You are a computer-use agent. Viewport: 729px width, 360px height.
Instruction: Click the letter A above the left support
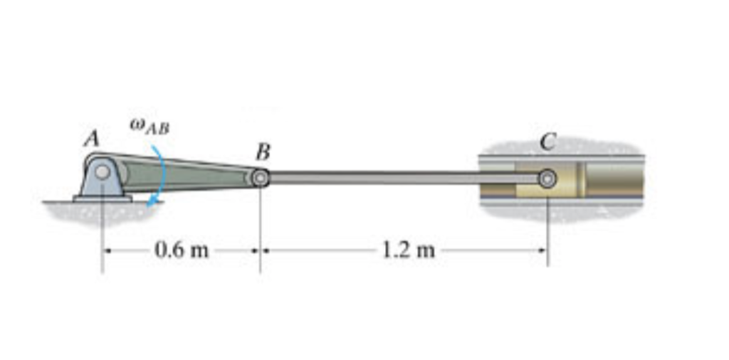91,139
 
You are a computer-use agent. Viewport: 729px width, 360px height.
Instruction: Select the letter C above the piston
547,142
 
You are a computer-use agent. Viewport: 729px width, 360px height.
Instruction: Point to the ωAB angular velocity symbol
150,128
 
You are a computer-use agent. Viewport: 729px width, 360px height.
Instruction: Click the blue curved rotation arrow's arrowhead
150,205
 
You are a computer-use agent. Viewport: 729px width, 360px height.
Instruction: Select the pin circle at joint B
261,178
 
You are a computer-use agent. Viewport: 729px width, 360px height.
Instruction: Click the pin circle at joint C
547,178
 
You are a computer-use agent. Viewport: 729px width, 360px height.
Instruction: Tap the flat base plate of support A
103,198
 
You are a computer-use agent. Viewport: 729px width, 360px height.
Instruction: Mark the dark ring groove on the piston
580,179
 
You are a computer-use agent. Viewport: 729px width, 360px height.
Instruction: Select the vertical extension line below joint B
260,235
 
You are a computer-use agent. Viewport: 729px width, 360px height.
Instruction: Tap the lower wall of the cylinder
562,201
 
